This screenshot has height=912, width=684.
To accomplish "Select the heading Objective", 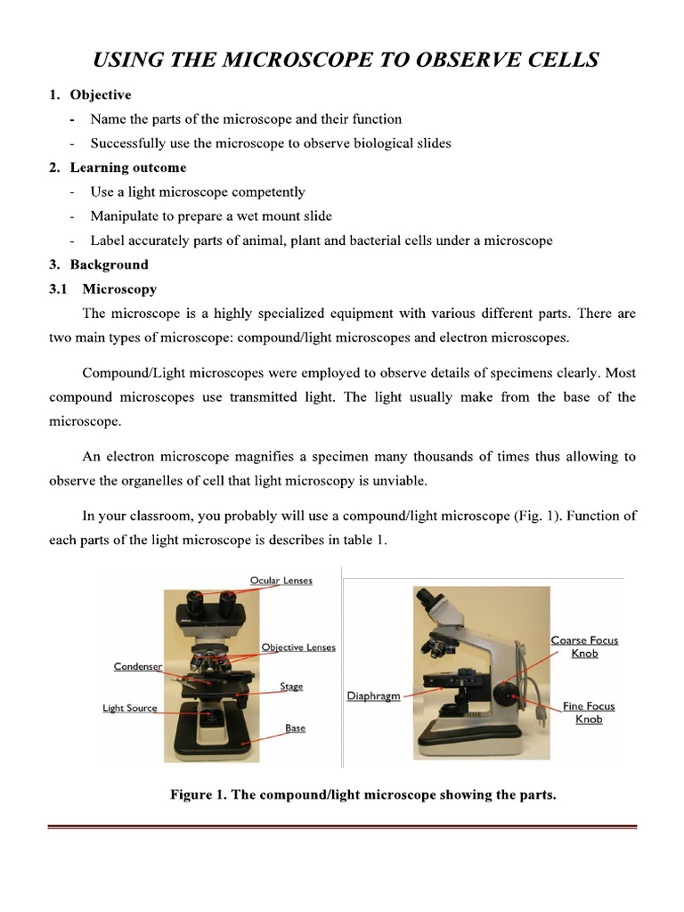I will [101, 94].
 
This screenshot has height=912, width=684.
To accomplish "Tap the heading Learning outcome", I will [128, 167].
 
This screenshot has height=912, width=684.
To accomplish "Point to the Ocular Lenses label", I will [281, 581].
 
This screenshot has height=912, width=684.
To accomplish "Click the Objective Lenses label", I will [298, 647].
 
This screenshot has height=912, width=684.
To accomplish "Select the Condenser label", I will [138, 666].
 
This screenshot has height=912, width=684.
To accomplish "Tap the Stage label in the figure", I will [291, 687].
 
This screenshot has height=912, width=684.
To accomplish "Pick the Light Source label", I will [129, 709].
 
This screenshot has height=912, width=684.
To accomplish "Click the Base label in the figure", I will [295, 729].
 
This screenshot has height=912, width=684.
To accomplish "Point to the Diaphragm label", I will [373, 696].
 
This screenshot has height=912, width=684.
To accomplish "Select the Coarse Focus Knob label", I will [584, 647].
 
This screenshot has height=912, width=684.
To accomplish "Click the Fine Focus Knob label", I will [588, 712].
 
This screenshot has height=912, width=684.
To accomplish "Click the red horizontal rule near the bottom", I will [342, 827].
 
